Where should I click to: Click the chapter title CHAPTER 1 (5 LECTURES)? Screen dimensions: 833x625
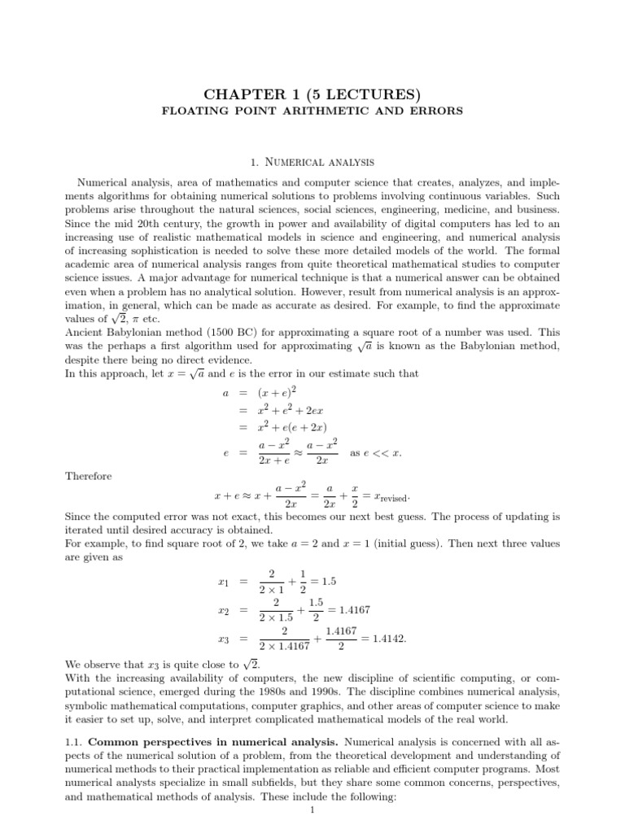click(x=312, y=90)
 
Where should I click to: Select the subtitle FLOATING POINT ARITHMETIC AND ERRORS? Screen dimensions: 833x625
click(x=312, y=111)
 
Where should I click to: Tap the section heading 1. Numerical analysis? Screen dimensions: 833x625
click(x=312, y=163)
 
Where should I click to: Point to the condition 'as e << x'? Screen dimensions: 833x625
click(x=375, y=452)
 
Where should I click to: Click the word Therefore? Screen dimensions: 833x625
click(x=89, y=476)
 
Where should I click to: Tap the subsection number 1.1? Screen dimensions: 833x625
click(x=74, y=742)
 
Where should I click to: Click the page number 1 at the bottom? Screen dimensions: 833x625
click(x=312, y=809)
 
